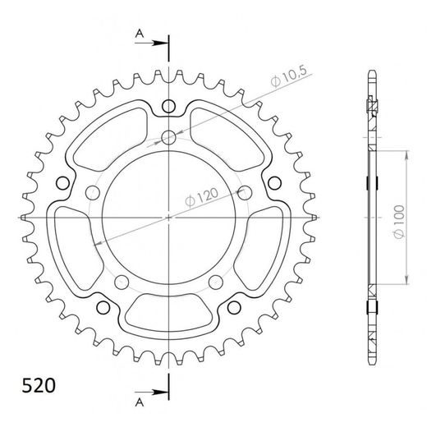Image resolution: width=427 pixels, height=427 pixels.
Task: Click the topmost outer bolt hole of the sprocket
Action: coord(168,106)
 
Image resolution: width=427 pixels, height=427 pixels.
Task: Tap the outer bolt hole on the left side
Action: coord(62,182)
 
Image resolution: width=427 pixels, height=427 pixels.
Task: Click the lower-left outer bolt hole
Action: coord(103,307)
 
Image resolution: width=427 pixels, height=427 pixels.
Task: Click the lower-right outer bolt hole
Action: coord(234,307)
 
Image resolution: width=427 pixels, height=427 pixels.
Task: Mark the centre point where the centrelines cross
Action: coord(168,218)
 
